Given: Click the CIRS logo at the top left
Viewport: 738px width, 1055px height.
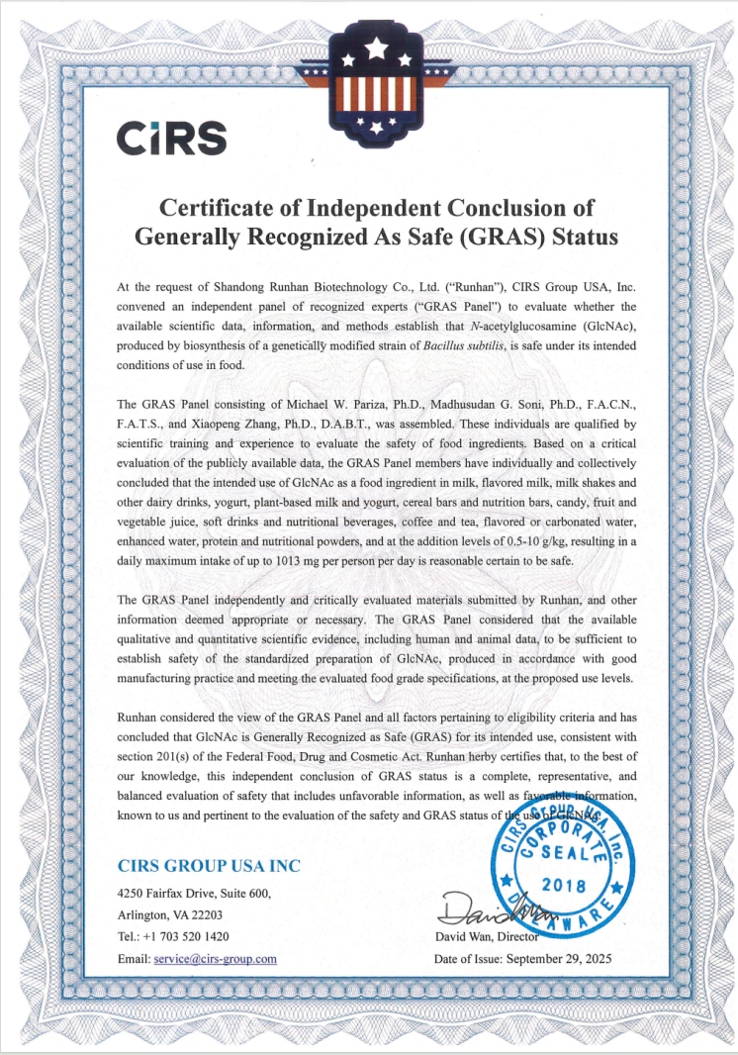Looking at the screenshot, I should tap(172, 139).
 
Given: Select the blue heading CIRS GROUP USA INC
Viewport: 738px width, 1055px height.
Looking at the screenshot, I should tap(209, 865).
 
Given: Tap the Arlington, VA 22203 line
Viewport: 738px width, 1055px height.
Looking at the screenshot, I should tap(170, 914).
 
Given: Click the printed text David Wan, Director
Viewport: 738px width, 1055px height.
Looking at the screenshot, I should tap(487, 936).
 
